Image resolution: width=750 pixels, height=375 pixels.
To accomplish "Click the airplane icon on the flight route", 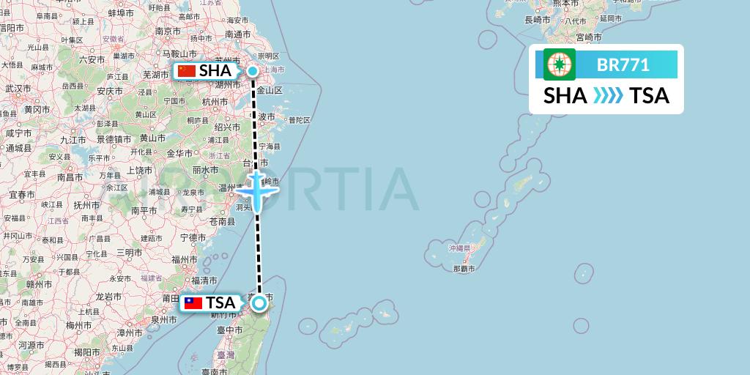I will (258, 190).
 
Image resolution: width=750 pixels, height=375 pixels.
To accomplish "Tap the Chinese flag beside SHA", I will (187, 71).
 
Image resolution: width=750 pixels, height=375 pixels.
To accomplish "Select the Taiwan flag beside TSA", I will (193, 303).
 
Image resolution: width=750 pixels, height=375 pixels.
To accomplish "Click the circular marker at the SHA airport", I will (253, 71).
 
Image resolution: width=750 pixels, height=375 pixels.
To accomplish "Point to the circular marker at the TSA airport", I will (259, 303).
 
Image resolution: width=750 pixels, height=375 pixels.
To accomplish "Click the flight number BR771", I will (623, 65).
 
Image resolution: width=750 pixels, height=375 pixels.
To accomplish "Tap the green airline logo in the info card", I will (560, 64).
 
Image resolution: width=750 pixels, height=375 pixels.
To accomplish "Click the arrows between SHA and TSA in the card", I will (608, 96).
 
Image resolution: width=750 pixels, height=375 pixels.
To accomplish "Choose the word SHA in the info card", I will (565, 96).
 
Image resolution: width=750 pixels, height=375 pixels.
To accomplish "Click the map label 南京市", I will (167, 31).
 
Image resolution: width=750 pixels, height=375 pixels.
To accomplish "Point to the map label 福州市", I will (183, 259).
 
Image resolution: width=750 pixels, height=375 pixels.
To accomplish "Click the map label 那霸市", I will (464, 269).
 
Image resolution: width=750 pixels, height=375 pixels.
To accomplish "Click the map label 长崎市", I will (538, 20).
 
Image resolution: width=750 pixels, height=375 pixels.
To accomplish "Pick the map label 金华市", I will (179, 153).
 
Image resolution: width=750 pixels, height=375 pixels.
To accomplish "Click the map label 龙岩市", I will (108, 297).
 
